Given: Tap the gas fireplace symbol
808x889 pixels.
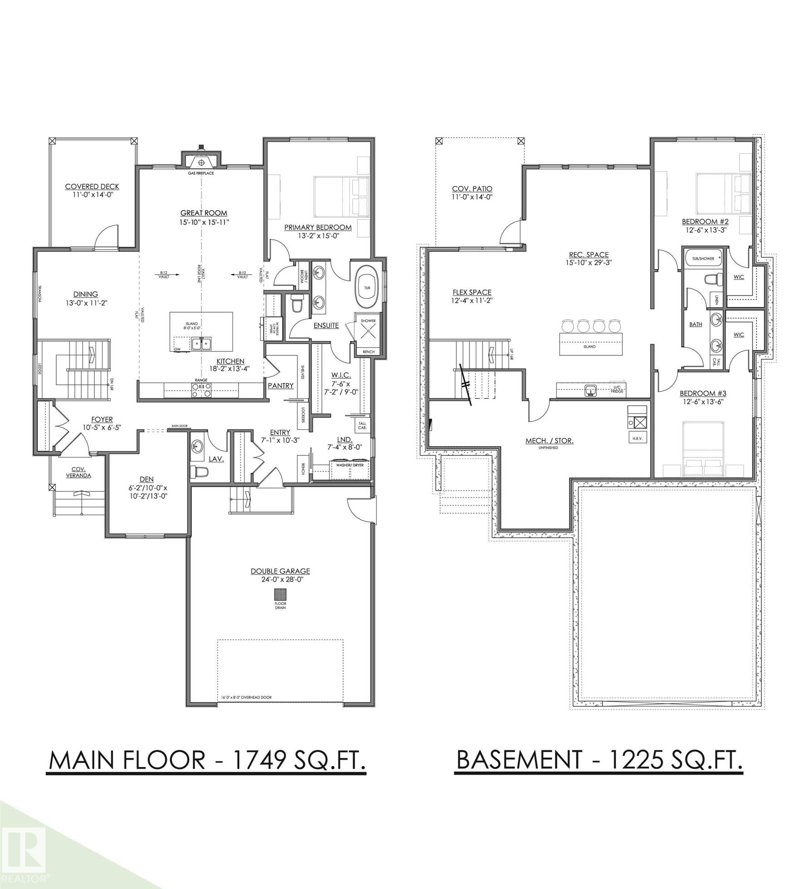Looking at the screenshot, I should click(x=202, y=161).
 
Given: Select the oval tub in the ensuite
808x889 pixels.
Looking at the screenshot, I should click(x=366, y=288).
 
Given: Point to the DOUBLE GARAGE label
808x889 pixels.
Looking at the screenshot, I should click(x=280, y=571).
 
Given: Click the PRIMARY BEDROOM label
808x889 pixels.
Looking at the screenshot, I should click(x=318, y=227).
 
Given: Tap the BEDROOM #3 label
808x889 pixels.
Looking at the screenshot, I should click(x=703, y=393).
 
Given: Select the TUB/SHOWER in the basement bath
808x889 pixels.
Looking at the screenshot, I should click(x=703, y=259).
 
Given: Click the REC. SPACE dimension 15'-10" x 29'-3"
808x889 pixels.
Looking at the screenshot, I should click(x=589, y=262).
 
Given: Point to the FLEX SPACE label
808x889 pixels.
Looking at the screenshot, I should click(x=472, y=292).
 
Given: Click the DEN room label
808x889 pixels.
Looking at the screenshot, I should click(x=147, y=479).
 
